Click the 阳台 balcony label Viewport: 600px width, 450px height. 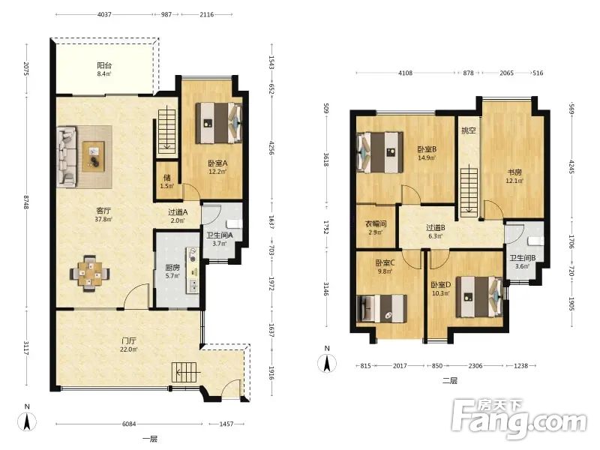tap(104, 65)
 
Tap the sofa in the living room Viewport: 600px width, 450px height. tap(67, 157)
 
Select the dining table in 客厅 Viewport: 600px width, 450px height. tap(90, 273)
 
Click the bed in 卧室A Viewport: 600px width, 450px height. tap(219, 123)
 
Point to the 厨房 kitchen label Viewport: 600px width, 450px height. tap(172, 267)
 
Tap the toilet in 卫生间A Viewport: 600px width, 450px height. tap(234, 223)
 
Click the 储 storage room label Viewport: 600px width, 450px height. tap(166, 178)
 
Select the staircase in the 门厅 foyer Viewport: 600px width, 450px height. tap(185, 372)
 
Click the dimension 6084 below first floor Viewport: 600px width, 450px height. tap(129, 424)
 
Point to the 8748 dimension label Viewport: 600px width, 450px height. tap(26, 202)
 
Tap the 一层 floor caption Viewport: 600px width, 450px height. tap(150, 439)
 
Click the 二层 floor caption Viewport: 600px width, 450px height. tap(449, 381)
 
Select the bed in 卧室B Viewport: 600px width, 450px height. tap(380, 152)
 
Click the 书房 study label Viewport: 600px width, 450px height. tap(514, 172)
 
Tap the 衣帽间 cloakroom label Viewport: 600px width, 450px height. tap(376, 223)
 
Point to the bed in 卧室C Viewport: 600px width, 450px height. tap(382, 308)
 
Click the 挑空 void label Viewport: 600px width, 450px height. tap(468, 130)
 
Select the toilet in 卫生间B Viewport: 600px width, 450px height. tap(535, 241)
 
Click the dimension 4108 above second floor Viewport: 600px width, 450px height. tap(405, 73)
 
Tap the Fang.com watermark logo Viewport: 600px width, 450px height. tap(518, 419)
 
